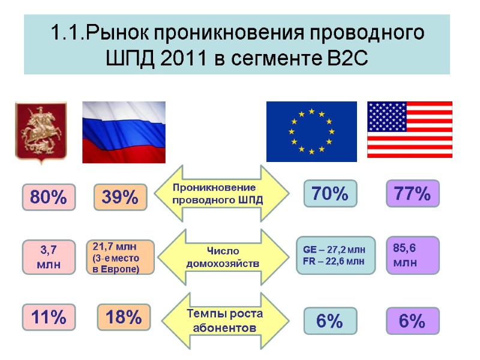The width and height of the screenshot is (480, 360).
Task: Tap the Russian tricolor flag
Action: click(x=123, y=131)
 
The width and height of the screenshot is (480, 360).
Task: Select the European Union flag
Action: click(x=311, y=131)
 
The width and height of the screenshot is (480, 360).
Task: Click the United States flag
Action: click(x=410, y=130)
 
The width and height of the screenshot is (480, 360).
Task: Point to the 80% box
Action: click(x=49, y=197)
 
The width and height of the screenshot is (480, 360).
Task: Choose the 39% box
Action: click(x=121, y=197)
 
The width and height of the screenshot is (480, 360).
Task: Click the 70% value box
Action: click(x=330, y=194)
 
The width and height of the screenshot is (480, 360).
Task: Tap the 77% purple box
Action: click(x=413, y=194)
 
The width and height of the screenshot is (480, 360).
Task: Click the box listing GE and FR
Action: click(x=335, y=255)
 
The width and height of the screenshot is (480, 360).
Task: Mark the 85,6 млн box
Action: click(x=413, y=255)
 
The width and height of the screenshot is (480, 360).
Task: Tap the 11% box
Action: click(x=49, y=317)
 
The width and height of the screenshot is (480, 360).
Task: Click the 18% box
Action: click(x=124, y=317)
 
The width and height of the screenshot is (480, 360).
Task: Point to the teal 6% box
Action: click(x=330, y=321)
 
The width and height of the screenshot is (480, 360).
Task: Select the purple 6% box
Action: click(x=413, y=321)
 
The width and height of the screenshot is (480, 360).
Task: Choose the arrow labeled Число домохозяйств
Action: click(x=221, y=257)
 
